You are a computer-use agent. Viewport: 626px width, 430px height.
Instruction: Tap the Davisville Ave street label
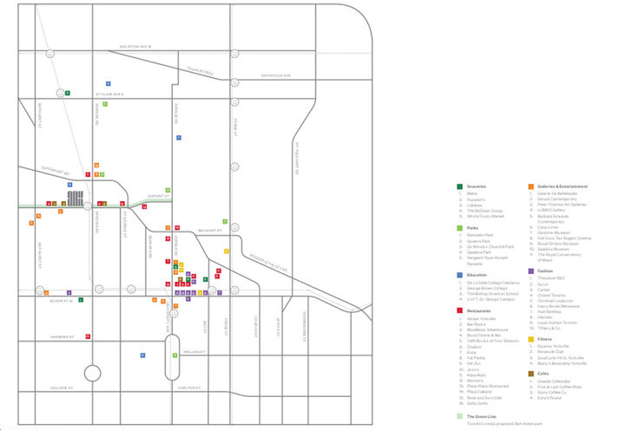[x=279, y=75]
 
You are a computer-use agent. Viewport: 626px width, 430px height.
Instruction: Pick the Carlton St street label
[x=190, y=388]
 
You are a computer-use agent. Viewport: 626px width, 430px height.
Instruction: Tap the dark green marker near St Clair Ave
[x=69, y=92]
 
